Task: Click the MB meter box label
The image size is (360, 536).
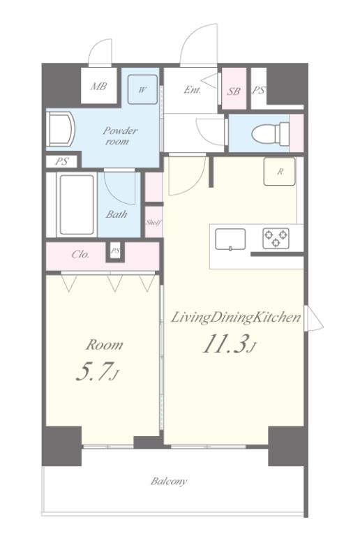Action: (98, 86)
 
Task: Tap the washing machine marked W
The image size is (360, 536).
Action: (143, 89)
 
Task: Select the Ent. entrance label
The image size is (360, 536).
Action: (193, 90)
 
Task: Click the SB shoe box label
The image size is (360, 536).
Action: (234, 91)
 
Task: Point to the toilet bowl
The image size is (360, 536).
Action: (270, 134)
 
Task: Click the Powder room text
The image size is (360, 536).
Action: (120, 135)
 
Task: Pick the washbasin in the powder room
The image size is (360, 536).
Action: (61, 130)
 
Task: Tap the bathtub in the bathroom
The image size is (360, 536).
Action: (77, 204)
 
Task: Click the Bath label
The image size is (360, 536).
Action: (117, 214)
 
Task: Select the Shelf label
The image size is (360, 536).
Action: (153, 222)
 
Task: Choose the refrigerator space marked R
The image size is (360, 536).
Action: (279, 171)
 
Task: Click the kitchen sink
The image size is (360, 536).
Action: (230, 239)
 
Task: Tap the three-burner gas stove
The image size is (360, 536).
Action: (276, 238)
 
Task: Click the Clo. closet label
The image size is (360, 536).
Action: (81, 254)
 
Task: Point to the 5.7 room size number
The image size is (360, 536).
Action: (93, 371)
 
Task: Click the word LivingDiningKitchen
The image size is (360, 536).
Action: (236, 318)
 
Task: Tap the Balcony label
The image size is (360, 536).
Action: (169, 482)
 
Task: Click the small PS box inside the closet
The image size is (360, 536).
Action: (115, 251)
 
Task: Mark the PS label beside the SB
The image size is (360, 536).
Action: (259, 90)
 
